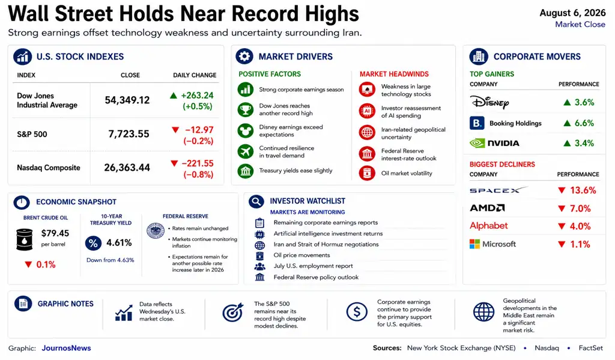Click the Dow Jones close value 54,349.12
tap(127, 100)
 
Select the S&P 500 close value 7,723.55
tap(129, 134)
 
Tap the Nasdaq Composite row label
tap(49, 168)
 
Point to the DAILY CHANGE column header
tap(195, 75)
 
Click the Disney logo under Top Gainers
tap(490, 102)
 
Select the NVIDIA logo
tap(494, 143)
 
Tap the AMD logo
tap(487, 208)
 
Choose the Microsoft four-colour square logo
tap(474, 244)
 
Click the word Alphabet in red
tap(489, 226)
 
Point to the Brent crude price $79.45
tap(55, 233)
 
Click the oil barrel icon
tap(24, 239)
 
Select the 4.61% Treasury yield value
tap(120, 243)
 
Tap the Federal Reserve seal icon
tap(156, 231)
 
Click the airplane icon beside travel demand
tap(246, 151)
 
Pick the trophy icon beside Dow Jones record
tap(246, 109)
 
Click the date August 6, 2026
tap(572, 13)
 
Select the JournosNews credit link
tap(66, 348)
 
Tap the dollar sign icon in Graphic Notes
tap(357, 312)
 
